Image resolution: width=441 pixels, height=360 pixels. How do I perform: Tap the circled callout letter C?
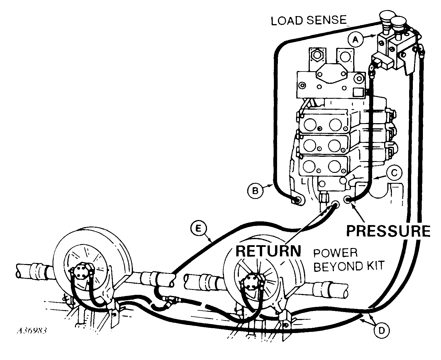click(394, 173)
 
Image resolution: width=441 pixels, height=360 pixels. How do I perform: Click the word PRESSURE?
click(388, 231)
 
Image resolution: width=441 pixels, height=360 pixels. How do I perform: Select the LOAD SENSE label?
click(309, 20)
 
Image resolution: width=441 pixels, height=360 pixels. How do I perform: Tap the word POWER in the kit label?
click(335, 253)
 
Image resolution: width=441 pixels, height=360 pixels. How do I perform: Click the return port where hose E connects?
click(335, 205)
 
